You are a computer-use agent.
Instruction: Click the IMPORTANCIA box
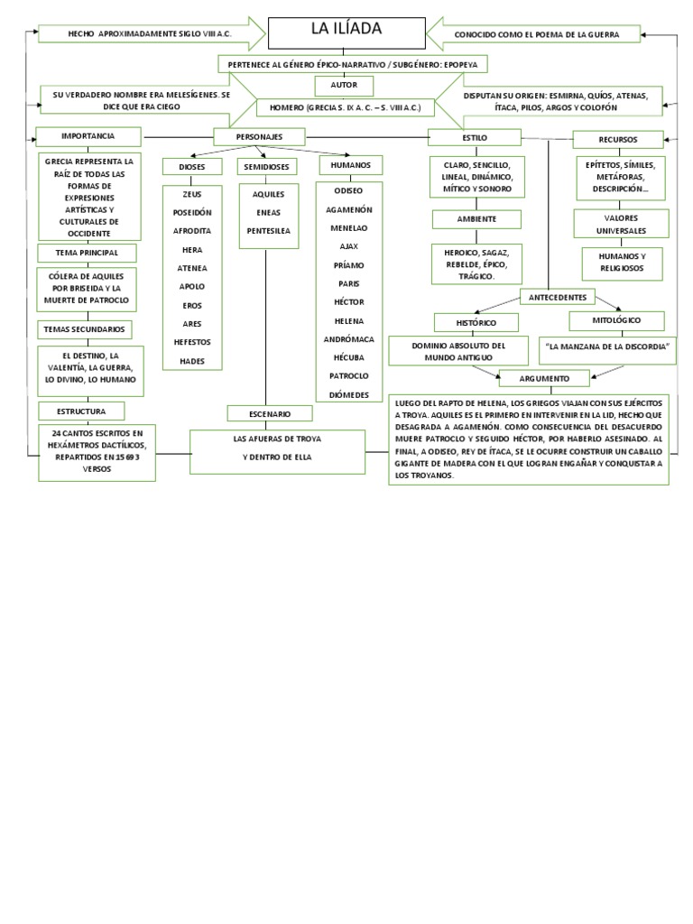click(88, 136)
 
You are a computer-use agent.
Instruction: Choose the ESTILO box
click(474, 137)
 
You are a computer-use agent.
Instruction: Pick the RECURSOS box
click(618, 140)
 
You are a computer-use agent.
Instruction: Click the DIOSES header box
click(192, 167)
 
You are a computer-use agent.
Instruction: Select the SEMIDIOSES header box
click(266, 167)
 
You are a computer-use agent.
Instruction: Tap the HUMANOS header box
click(350, 165)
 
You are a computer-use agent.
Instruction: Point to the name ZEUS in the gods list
click(192, 194)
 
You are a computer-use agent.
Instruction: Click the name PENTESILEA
click(268, 231)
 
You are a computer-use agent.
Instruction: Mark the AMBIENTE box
click(476, 219)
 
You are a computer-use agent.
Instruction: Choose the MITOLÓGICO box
click(617, 320)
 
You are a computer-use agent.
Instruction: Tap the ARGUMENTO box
click(544, 377)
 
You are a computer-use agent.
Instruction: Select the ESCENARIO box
click(270, 413)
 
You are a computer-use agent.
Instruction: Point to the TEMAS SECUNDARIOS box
click(85, 328)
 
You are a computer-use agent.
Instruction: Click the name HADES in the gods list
click(192, 361)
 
